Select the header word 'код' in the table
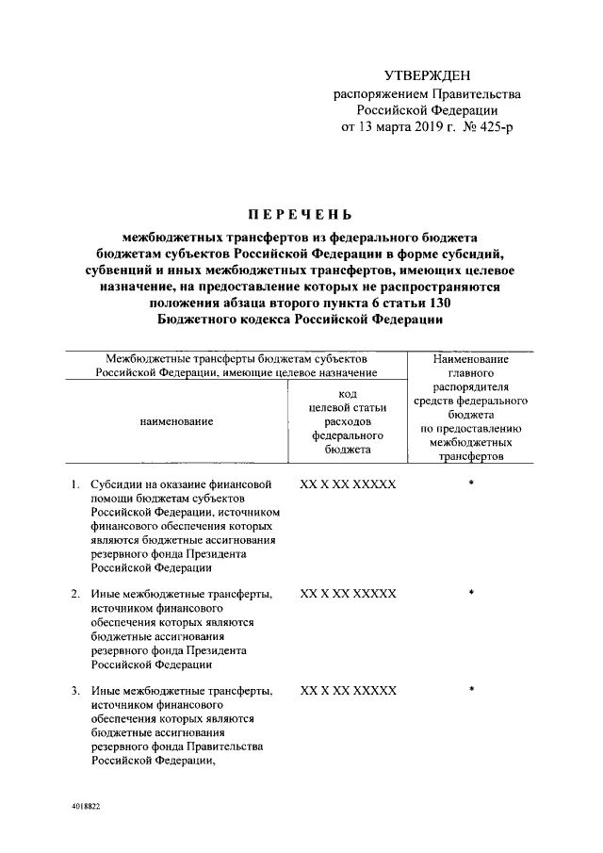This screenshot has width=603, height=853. click(x=347, y=394)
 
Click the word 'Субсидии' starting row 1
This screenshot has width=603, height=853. click(x=114, y=484)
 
